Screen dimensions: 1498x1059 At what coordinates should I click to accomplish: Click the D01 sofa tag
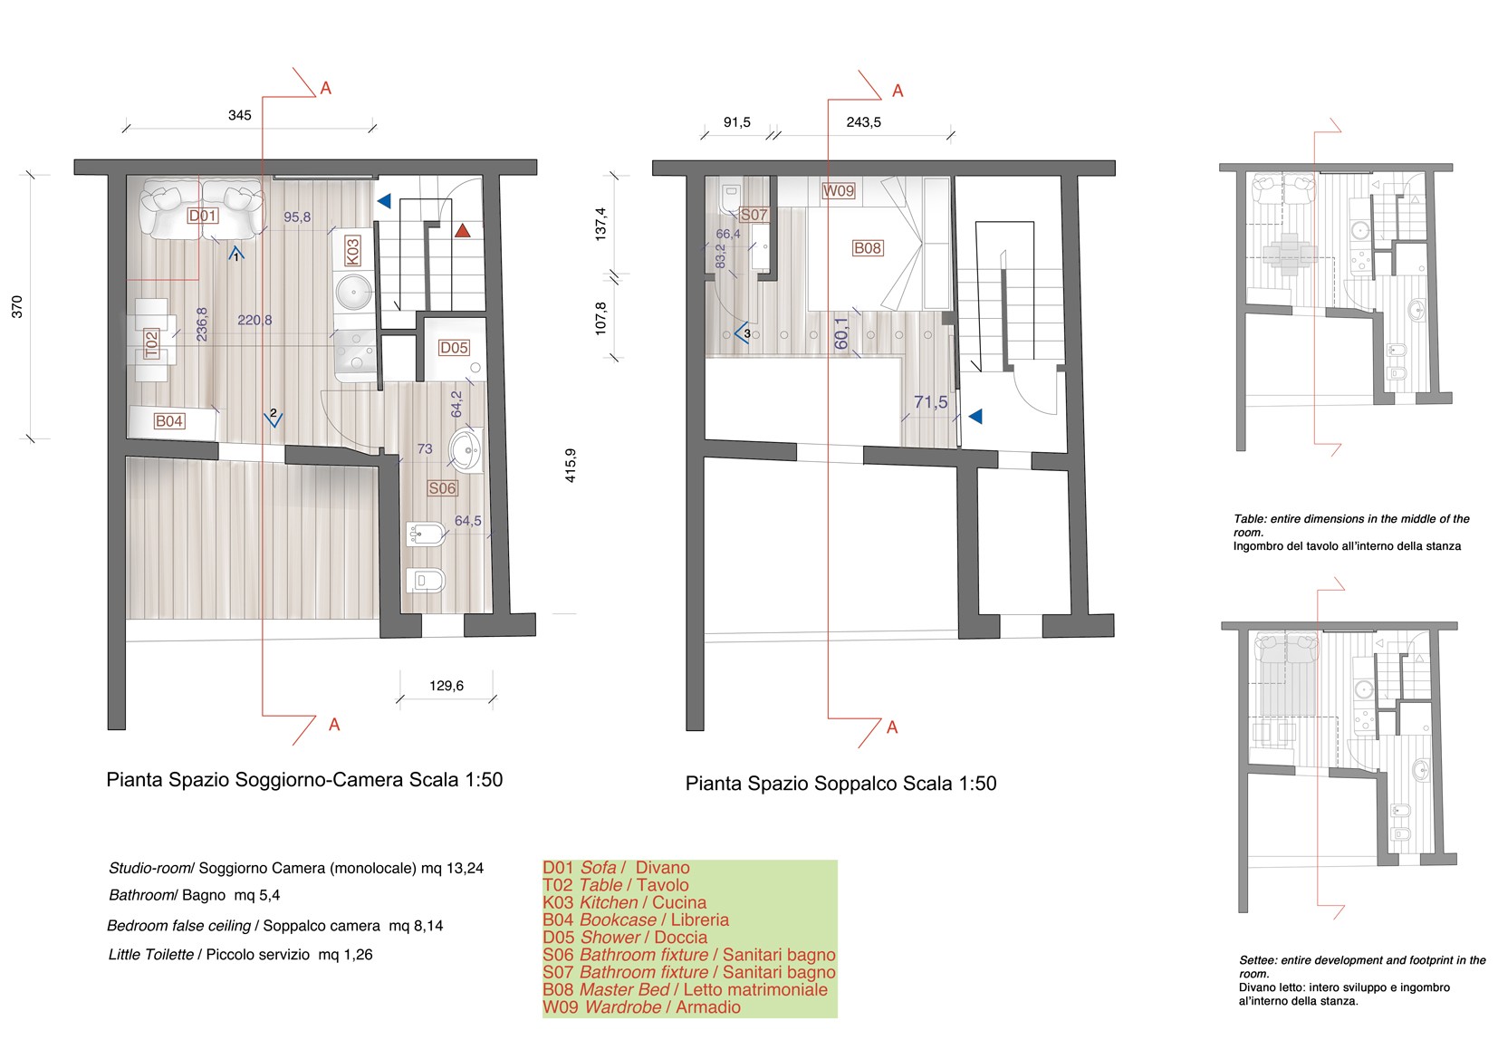[x=202, y=216]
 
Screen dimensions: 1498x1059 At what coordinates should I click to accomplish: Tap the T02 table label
[x=152, y=344]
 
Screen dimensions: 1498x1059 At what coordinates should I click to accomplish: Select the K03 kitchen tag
[x=351, y=251]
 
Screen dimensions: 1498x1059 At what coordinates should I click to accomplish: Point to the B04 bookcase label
[x=168, y=420]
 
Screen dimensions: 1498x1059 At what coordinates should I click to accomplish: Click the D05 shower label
[x=454, y=347]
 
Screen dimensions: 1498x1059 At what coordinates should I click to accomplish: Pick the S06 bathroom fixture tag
[x=442, y=488]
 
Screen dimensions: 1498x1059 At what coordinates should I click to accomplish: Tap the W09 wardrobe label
[x=838, y=190]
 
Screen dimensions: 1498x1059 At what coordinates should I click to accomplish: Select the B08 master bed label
[x=868, y=248]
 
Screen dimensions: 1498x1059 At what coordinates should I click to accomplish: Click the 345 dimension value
[x=239, y=115]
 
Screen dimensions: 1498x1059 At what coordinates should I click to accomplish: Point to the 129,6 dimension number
[x=447, y=686]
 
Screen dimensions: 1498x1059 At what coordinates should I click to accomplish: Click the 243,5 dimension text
[x=863, y=122]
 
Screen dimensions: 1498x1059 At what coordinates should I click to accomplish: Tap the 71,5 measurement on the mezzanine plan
[x=930, y=402]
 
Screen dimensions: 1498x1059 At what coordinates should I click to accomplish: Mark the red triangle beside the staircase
[x=462, y=231]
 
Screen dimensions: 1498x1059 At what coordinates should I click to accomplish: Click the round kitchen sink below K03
[x=354, y=293]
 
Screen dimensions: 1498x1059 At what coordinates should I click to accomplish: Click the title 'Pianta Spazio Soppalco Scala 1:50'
[x=840, y=784]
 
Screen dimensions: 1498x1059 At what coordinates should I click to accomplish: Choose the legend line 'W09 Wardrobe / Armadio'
[x=641, y=1006]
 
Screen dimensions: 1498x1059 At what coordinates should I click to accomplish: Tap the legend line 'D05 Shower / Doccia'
[x=625, y=938]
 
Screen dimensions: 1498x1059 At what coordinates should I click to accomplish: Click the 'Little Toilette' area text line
[x=240, y=955]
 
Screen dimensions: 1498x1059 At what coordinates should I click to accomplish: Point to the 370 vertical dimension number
[x=16, y=306]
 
